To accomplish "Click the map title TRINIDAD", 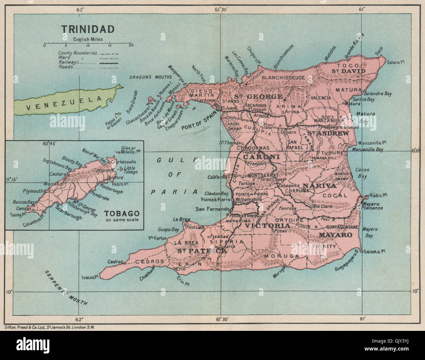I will tap(88, 29).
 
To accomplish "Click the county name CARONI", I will tap(261, 157).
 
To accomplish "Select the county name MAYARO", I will tap(335, 235).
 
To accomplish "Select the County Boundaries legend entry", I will tap(77, 53).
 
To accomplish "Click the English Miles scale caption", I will tap(88, 39).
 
